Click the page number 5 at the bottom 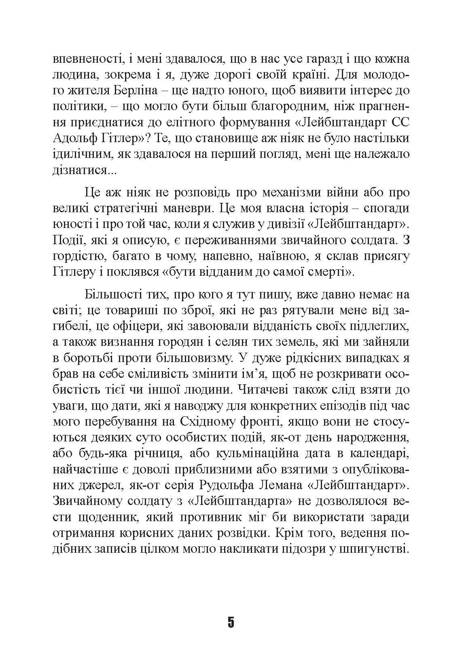(231, 622)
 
